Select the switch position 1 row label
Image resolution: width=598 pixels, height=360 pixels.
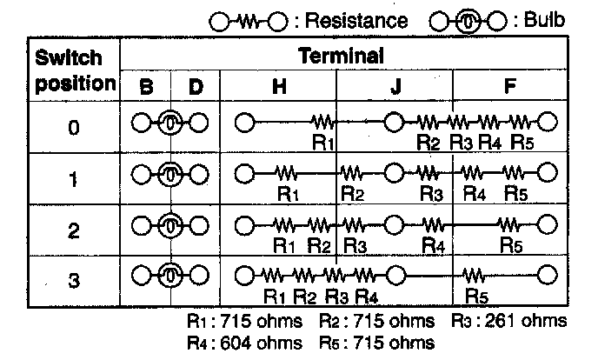(74, 180)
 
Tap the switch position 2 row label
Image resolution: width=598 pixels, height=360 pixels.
(74, 231)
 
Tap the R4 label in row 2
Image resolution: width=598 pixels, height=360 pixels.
(432, 245)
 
